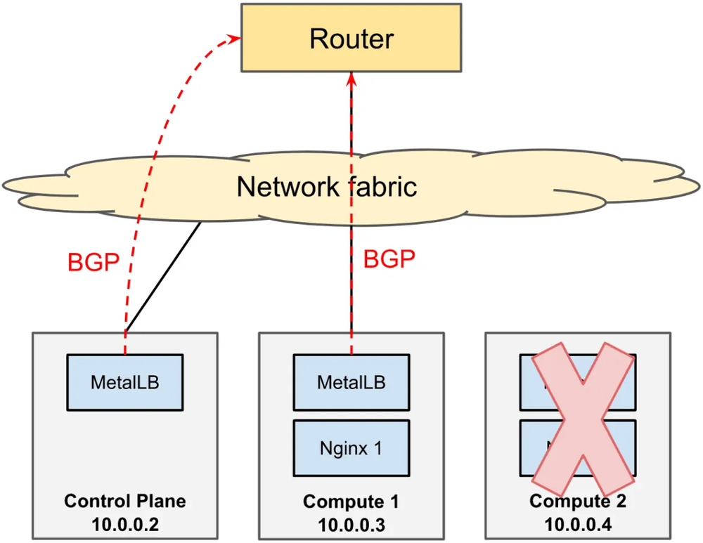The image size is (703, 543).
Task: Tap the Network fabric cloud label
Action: point(327,187)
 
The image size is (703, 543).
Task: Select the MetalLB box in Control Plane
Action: point(125,382)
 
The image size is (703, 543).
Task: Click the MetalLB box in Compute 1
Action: point(351,382)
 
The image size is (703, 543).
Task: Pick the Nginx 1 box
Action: point(351,447)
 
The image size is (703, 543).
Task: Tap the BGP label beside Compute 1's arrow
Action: point(389,259)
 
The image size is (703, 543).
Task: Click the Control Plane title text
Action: point(125,502)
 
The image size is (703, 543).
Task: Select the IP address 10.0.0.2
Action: point(125,524)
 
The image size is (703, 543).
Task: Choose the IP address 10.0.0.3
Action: point(351,524)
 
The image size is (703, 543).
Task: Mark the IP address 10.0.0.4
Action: point(578,524)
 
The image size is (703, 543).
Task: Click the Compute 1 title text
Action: point(351,502)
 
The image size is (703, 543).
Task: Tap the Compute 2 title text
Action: point(578,502)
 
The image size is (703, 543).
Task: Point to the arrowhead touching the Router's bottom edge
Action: point(351,78)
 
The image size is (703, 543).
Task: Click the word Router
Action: point(351,39)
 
